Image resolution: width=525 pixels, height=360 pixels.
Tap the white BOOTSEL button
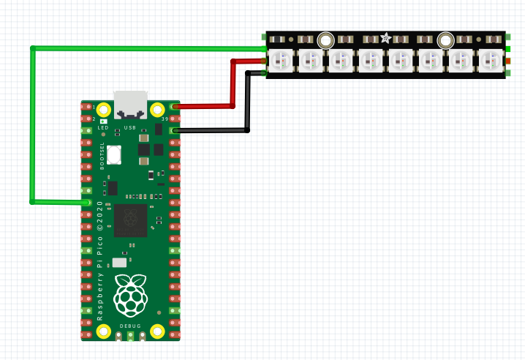(114, 155)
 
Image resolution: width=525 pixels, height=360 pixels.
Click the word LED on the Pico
(103, 127)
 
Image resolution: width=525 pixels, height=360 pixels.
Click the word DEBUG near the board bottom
(131, 325)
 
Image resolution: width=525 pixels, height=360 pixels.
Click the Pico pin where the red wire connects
(174, 107)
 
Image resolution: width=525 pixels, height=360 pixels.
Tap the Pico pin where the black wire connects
(174, 131)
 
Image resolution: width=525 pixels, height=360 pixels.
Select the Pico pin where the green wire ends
(88, 202)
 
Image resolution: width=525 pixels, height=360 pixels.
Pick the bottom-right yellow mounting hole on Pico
(157, 331)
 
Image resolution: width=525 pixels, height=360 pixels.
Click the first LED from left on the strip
(281, 61)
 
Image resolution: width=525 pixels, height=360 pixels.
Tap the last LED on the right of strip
(490, 61)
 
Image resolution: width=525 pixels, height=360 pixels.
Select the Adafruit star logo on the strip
(385, 38)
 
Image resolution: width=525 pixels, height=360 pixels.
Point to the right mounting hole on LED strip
(444, 40)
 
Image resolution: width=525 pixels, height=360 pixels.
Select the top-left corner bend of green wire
(32, 49)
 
